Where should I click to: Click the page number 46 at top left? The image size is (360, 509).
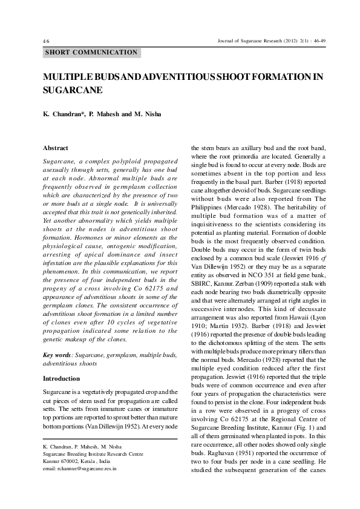click(46, 41)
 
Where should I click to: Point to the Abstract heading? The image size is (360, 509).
click(56, 148)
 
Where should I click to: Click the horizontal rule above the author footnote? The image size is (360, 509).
click(110, 439)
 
